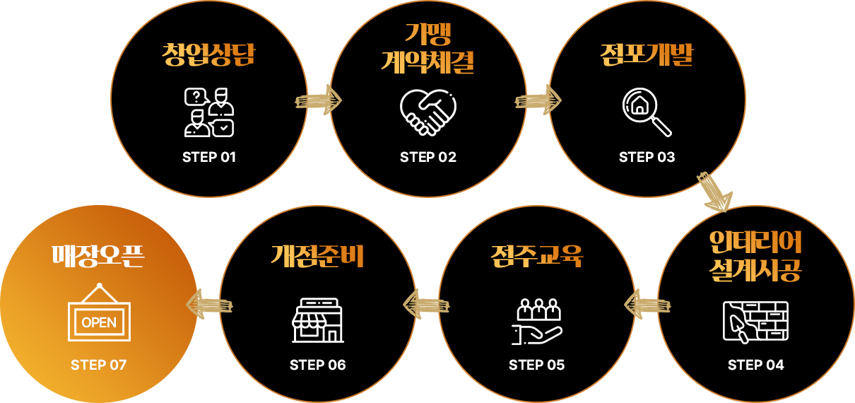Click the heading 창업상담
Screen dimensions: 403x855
(208, 55)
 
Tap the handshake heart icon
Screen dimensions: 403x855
(428, 112)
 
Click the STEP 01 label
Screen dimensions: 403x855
(209, 157)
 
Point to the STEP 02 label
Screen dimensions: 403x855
(428, 157)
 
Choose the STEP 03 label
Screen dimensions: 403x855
(647, 157)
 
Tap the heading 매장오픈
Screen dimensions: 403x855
(99, 256)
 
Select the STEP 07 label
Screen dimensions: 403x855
(99, 365)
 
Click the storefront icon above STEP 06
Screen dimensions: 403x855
(318, 320)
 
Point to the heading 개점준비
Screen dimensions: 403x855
(318, 256)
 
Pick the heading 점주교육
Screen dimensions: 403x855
(537, 256)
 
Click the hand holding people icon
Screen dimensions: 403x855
(537, 322)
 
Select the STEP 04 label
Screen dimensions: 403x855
(756, 365)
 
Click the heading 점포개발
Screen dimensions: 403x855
(647, 55)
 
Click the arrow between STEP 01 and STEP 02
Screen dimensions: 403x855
(319, 100)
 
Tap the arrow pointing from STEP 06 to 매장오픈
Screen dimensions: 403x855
(208, 305)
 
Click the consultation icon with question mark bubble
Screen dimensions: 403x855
(209, 112)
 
